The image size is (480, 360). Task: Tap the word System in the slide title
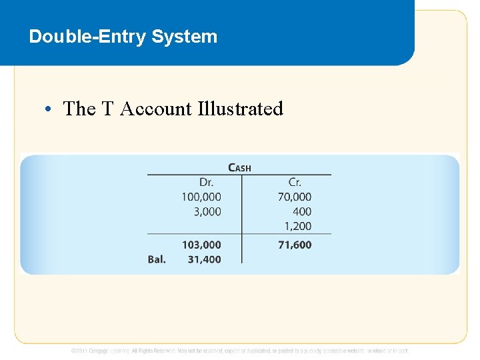click(x=185, y=37)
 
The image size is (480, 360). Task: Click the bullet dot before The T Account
click(x=51, y=109)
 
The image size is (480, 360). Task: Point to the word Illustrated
click(x=241, y=109)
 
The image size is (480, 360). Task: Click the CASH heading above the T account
click(x=240, y=167)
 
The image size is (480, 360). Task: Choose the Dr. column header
click(x=207, y=182)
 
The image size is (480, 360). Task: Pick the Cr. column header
click(x=295, y=182)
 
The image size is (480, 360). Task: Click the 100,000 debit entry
click(x=201, y=197)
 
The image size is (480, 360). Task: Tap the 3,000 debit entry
click(x=207, y=211)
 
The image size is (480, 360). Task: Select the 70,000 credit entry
click(x=295, y=197)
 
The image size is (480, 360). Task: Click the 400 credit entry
click(x=302, y=211)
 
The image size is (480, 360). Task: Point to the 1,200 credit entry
click(x=297, y=226)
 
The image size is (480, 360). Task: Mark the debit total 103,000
click(x=201, y=245)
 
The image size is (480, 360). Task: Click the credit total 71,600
click(x=295, y=245)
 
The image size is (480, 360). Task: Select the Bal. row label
click(x=157, y=259)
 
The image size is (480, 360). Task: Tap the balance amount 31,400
click(x=204, y=259)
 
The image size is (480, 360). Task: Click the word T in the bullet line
click(x=107, y=109)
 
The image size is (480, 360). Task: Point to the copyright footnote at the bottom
click(x=240, y=350)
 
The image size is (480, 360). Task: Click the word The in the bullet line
click(x=79, y=109)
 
